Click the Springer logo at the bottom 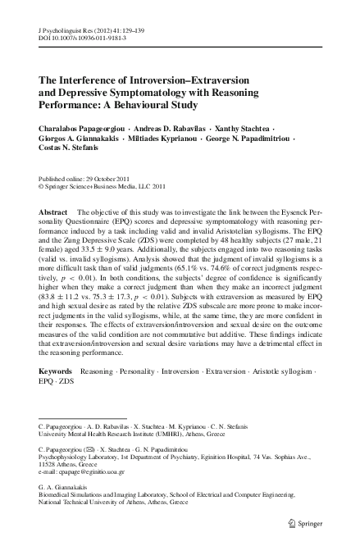click(316, 524)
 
